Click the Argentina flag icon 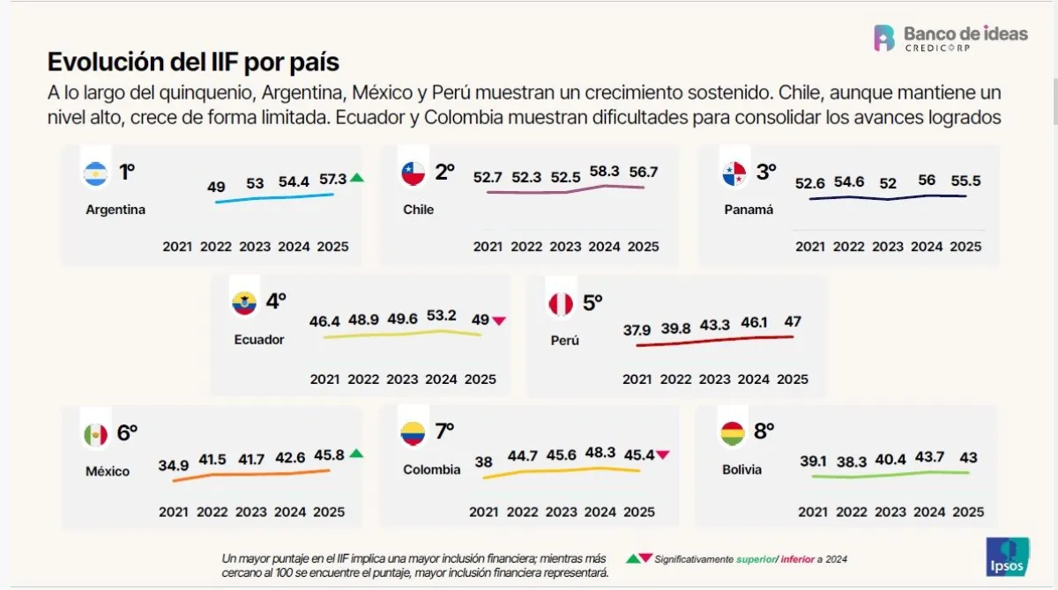pos(95,174)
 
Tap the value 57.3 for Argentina pos(332,179)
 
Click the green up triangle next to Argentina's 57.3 pos(356,178)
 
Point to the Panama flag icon pos(734,174)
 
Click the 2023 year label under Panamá pos(888,247)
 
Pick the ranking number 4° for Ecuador pos(276,301)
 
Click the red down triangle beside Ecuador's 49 pos(500,321)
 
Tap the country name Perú pos(564,341)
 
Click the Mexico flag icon pos(95,434)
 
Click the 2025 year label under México pos(329,512)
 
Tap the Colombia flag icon pos(413,433)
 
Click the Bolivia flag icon pos(733,434)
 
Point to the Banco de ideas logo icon pos(884,38)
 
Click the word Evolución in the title pos(97,63)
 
